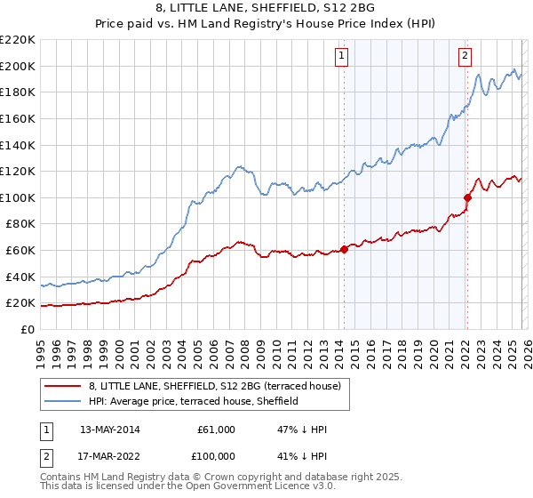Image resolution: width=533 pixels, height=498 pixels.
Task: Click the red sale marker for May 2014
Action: (345, 249)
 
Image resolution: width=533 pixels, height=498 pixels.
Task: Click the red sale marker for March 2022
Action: (467, 197)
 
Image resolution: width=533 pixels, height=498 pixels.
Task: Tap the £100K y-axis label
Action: (17, 197)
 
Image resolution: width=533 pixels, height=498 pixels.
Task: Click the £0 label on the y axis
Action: (27, 329)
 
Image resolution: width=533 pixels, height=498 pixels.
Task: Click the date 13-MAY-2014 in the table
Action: (109, 430)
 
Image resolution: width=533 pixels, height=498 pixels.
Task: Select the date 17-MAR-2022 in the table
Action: (109, 456)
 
